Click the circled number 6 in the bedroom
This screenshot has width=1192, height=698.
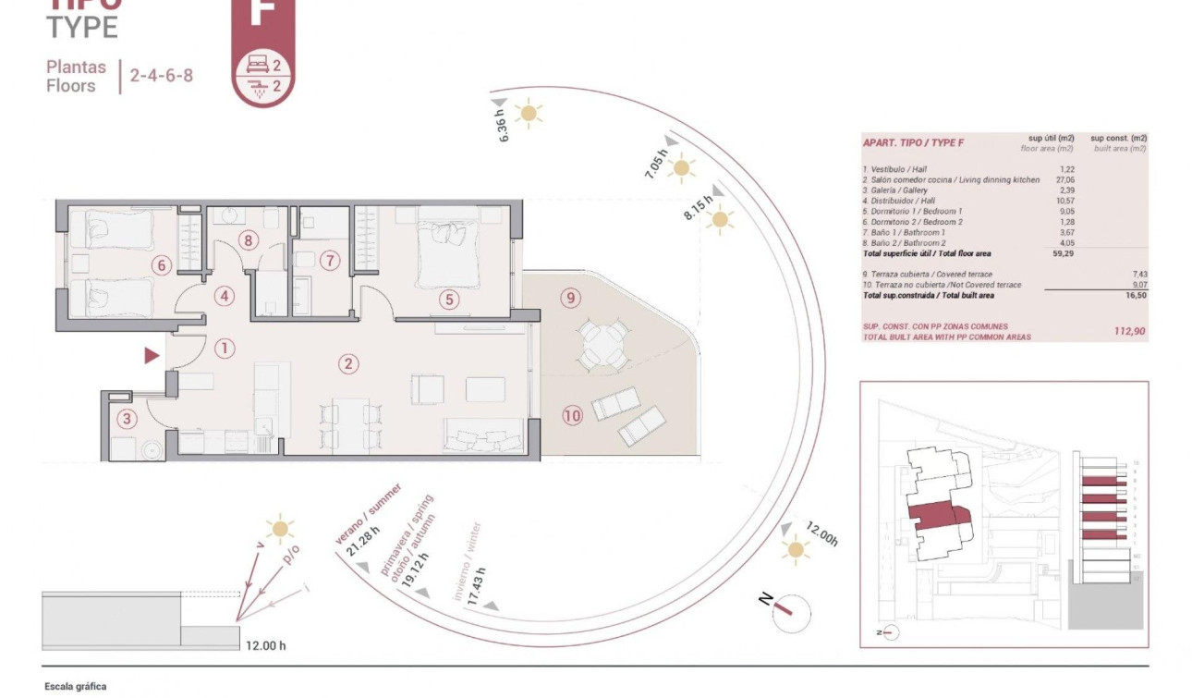tap(162, 265)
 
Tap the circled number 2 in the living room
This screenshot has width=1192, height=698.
tap(347, 363)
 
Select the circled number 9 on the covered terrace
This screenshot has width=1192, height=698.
tap(570, 297)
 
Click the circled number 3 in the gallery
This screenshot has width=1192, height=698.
tap(128, 419)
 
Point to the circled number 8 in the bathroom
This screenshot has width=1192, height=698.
tap(248, 240)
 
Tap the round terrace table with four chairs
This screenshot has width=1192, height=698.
tap(600, 345)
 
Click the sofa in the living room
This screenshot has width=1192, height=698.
tap(484, 435)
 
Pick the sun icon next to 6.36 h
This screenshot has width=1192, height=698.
tap(529, 113)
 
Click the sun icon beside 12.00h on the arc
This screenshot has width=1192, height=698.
tap(795, 550)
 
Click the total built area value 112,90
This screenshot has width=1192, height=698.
tap(1128, 331)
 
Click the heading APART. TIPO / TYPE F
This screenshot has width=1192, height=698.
tap(913, 142)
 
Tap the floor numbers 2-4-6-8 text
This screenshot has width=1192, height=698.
tap(162, 76)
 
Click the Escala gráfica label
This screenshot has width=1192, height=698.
tap(76, 686)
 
